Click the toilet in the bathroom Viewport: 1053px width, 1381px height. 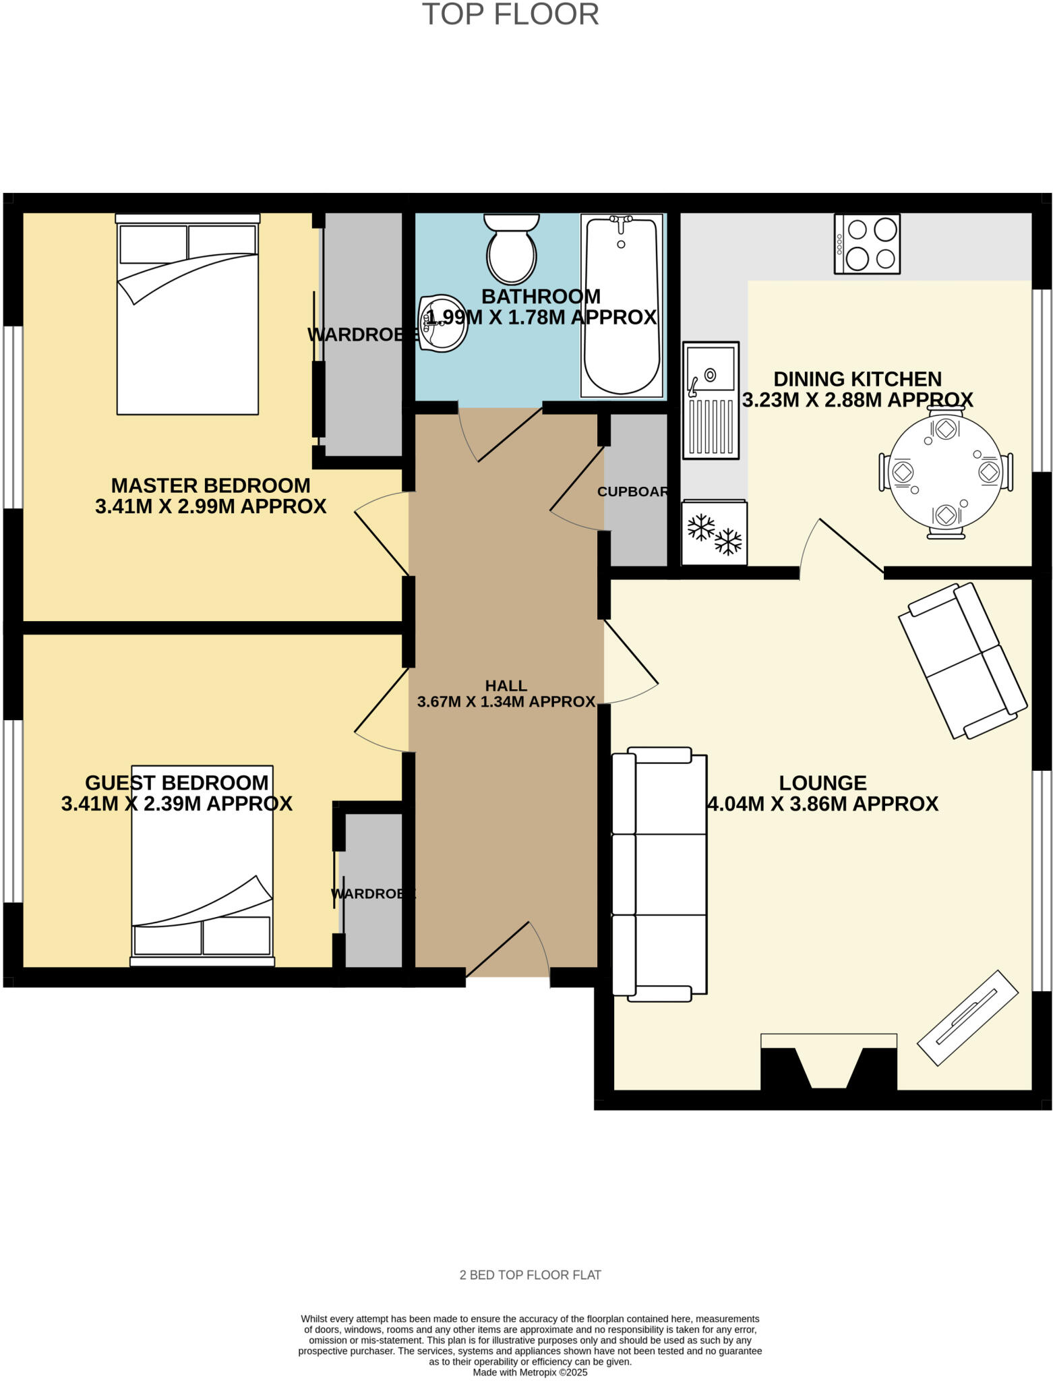(x=512, y=249)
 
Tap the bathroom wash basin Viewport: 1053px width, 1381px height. (x=442, y=324)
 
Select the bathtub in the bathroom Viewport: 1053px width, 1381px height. (x=621, y=305)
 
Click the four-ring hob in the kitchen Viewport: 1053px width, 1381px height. (x=867, y=244)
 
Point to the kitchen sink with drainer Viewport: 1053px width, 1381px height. (x=711, y=400)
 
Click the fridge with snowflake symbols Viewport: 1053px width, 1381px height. (x=714, y=533)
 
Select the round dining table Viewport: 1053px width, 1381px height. (x=945, y=472)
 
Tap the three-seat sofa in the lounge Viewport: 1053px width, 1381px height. (x=659, y=874)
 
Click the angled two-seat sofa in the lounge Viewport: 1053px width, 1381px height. (x=963, y=660)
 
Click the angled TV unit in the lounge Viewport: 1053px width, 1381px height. (x=967, y=1018)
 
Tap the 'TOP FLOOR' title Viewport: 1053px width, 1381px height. (x=510, y=14)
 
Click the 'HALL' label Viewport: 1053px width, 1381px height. (x=506, y=686)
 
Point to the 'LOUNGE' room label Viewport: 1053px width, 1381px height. (x=822, y=783)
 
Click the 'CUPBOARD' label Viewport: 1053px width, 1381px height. (x=633, y=492)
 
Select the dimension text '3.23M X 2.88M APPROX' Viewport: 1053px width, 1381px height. (x=858, y=400)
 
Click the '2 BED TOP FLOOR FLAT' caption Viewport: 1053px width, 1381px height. (x=530, y=1275)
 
